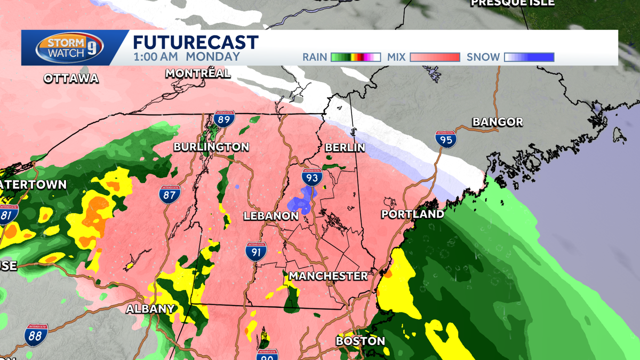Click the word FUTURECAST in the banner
coord(195,42)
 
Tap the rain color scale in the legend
coord(355,57)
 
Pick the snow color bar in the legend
coord(530,57)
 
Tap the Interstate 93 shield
coord(310,176)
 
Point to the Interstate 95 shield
coord(445,139)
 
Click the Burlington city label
coord(211,147)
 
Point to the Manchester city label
coord(328,276)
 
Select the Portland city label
coord(412,214)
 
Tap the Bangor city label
coord(498,122)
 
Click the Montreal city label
coord(198,74)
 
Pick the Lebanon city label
coord(271,216)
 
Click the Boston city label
coord(360,341)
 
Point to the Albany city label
coord(150,309)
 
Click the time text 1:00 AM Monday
coord(186,57)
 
